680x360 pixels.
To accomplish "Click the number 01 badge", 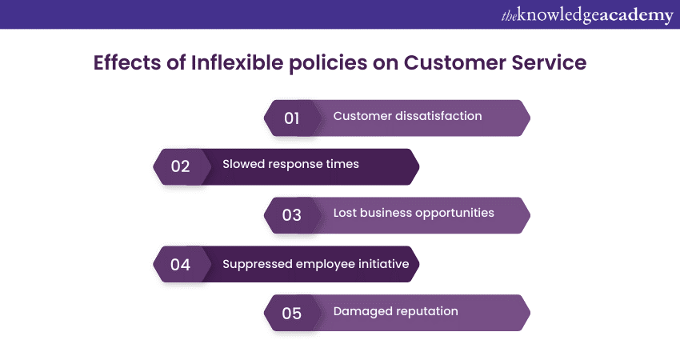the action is pyautogui.click(x=293, y=118).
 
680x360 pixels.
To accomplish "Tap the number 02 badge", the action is pyautogui.click(x=182, y=166).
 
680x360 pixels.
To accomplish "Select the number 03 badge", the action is pyautogui.click(x=293, y=215).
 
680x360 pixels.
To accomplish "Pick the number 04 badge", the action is pyautogui.click(x=182, y=264).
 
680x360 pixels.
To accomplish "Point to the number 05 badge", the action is pyautogui.click(x=293, y=313).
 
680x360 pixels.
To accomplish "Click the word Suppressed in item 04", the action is pyautogui.click(x=257, y=265).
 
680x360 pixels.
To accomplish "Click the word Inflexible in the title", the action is pyautogui.click(x=238, y=62).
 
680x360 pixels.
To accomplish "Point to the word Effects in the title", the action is pyautogui.click(x=127, y=62).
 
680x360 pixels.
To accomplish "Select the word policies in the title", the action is pyautogui.click(x=328, y=63).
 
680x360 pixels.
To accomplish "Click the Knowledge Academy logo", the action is pyautogui.click(x=587, y=16).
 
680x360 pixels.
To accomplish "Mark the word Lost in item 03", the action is pyautogui.click(x=345, y=213).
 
